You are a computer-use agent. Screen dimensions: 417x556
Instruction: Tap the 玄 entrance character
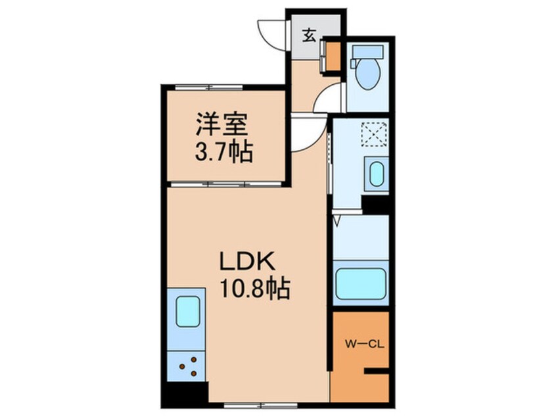pos(309,35)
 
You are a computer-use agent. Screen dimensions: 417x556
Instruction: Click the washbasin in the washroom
pos(376,175)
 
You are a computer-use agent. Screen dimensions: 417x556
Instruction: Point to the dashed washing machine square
pos(375,134)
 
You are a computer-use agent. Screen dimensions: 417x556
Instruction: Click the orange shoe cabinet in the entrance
pos(333,57)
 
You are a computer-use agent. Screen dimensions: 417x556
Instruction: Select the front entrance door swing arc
pos(271,32)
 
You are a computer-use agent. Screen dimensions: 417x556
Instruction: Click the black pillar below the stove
pos(181,395)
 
